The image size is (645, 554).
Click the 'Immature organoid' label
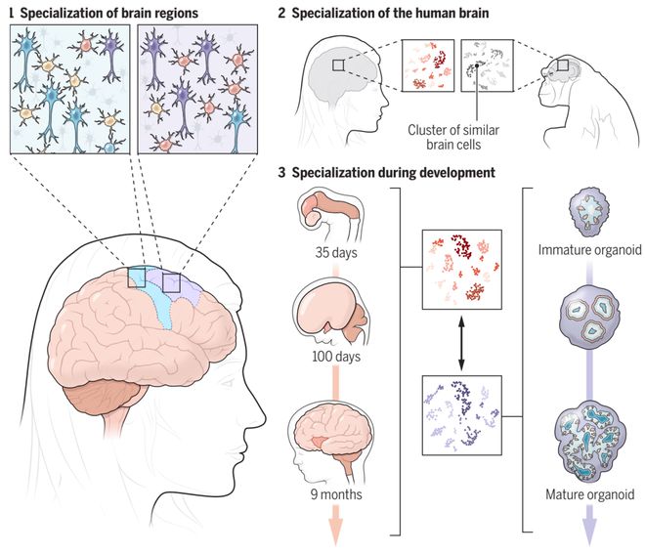590,252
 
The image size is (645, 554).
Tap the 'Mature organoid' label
589,495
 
